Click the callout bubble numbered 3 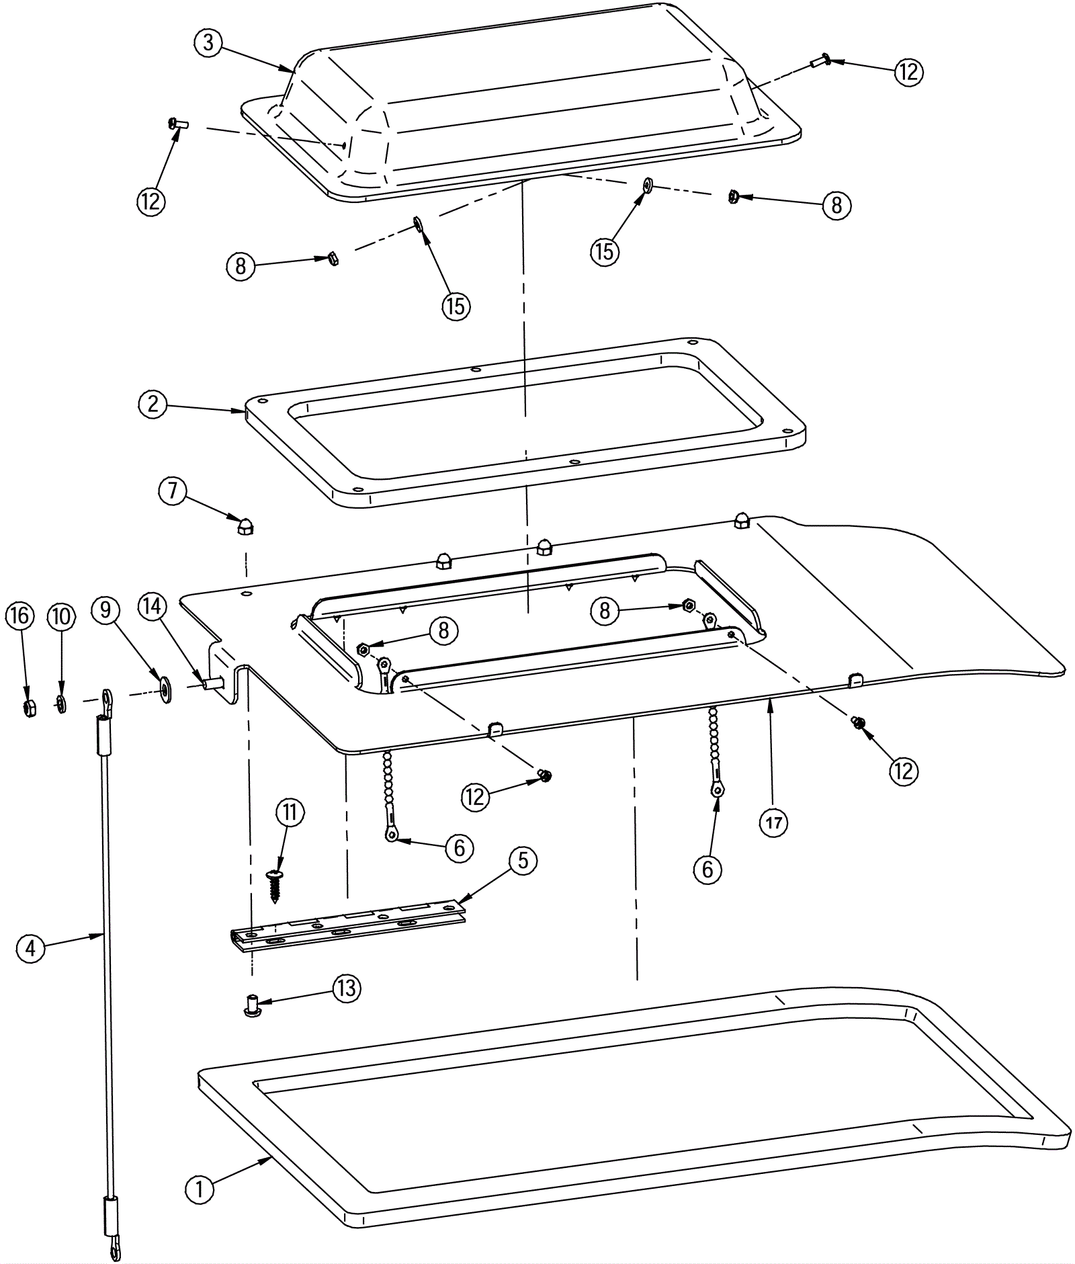[208, 43]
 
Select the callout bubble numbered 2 [153, 405]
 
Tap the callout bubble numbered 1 [199, 1189]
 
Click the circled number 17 [773, 823]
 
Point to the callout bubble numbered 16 [20, 616]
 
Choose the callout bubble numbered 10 [61, 616]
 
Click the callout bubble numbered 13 [347, 988]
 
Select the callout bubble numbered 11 [289, 812]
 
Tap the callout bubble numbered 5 [523, 861]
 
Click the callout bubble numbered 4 [30, 949]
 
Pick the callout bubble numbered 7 [173, 491]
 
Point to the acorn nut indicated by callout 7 [245, 527]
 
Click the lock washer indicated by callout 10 [60, 704]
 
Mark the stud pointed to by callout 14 [212, 684]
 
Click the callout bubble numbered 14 [153, 607]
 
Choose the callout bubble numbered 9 [105, 609]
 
